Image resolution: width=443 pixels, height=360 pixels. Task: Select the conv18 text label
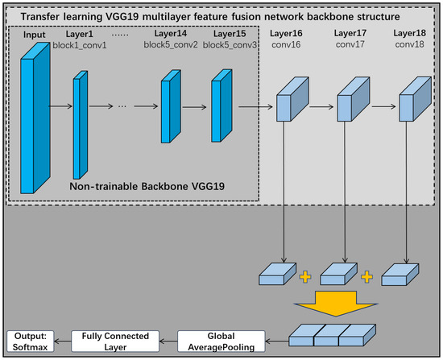(x=411, y=45)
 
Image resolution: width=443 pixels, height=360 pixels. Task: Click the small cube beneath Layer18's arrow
(x=400, y=275)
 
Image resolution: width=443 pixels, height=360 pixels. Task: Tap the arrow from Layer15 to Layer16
(x=255, y=105)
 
